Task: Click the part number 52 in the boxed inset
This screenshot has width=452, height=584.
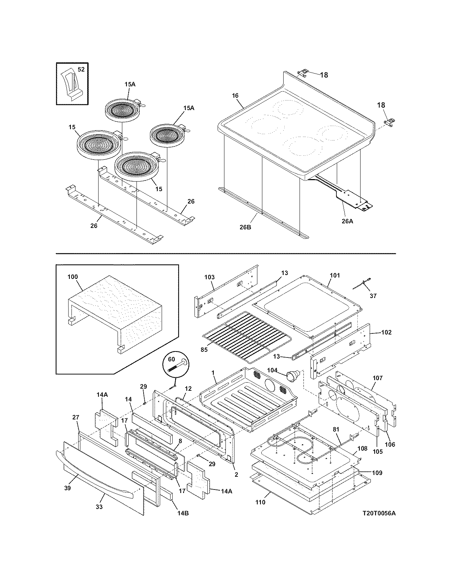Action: (x=81, y=70)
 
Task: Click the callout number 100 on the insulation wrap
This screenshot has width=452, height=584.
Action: (x=73, y=277)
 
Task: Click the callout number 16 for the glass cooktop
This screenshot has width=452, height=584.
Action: (x=235, y=96)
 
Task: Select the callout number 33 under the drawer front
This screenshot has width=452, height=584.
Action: (x=99, y=507)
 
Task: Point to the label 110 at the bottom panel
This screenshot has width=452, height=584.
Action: (x=260, y=502)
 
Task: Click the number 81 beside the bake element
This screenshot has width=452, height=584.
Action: (x=336, y=429)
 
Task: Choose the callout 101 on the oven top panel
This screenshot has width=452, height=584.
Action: (x=335, y=275)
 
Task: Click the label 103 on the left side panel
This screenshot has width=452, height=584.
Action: (x=210, y=277)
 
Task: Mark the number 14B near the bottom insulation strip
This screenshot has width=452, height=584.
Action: (x=183, y=513)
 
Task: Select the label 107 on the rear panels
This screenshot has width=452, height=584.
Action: (x=378, y=378)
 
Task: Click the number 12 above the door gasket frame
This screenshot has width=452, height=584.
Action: (x=188, y=389)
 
